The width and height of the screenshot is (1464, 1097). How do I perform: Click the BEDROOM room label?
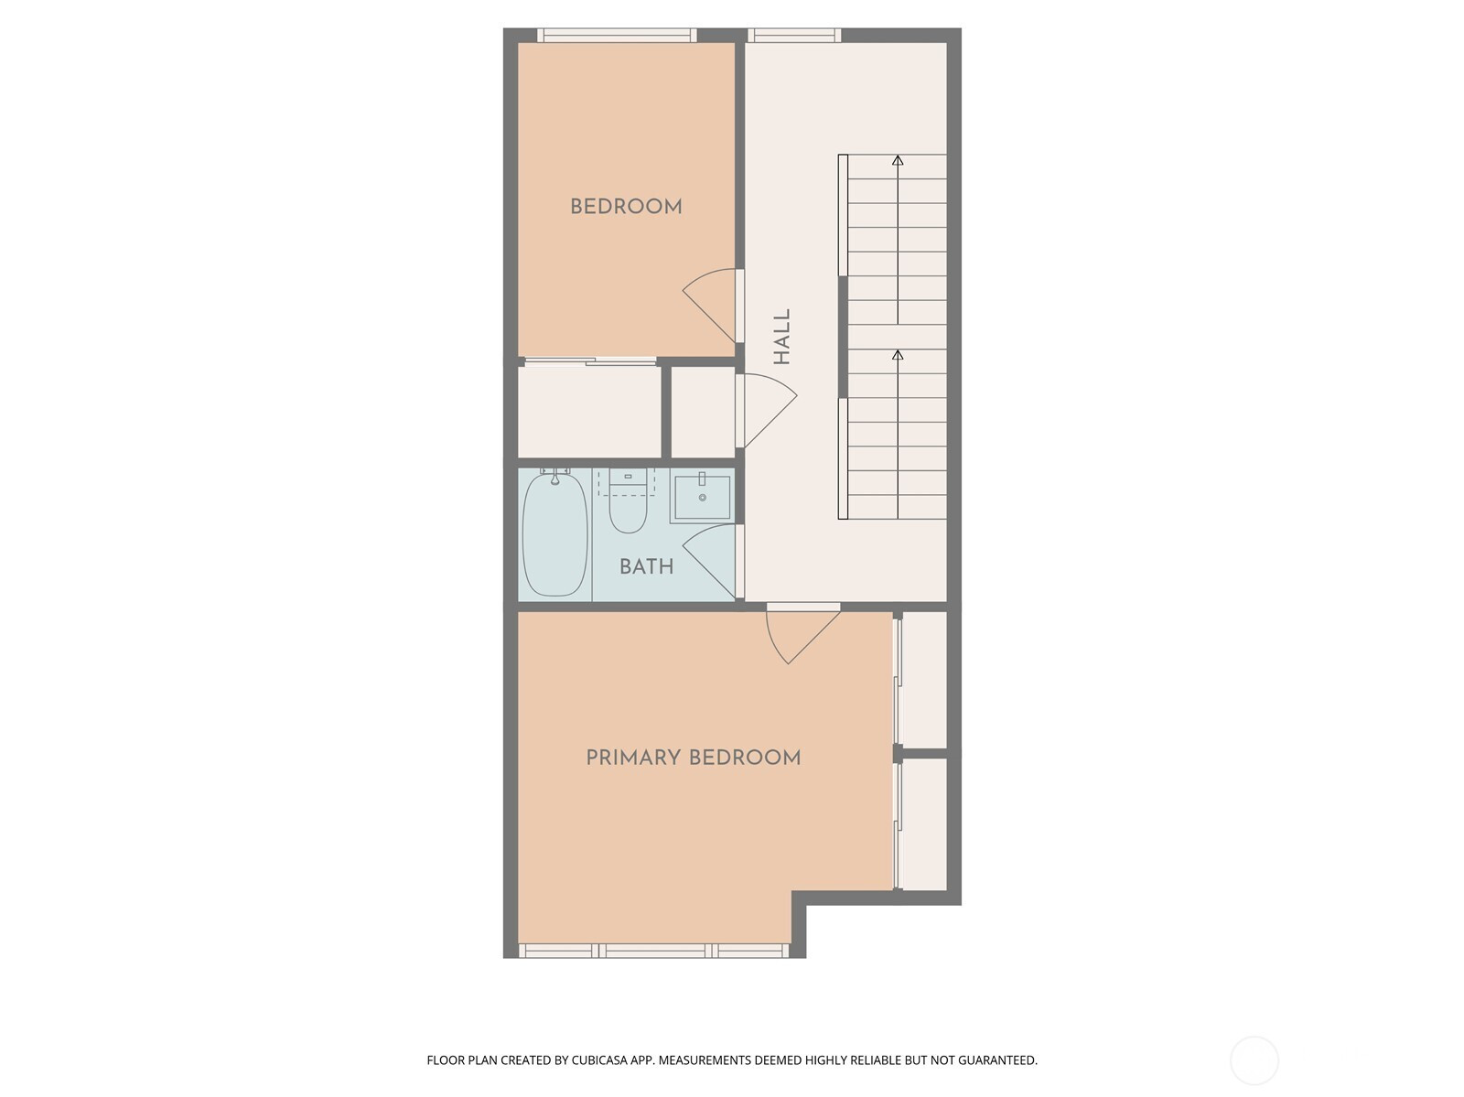(626, 207)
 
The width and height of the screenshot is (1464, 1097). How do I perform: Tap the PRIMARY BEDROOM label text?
(693, 758)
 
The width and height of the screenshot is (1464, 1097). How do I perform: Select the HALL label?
(781, 337)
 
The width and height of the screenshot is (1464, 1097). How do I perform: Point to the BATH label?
(646, 567)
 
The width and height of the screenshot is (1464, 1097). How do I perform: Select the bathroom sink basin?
(702, 497)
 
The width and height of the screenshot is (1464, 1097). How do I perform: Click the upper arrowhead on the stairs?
(898, 160)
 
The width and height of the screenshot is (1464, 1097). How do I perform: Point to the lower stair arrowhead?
(898, 355)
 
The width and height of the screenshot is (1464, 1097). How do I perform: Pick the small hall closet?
(703, 412)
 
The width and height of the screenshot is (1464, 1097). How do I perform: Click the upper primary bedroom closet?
(924, 680)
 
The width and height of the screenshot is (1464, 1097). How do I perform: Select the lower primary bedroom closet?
(924, 824)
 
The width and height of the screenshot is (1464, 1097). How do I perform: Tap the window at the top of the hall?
(793, 36)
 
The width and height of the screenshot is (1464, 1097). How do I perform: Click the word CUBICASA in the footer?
(599, 1060)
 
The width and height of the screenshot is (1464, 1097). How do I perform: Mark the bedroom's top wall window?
(617, 36)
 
